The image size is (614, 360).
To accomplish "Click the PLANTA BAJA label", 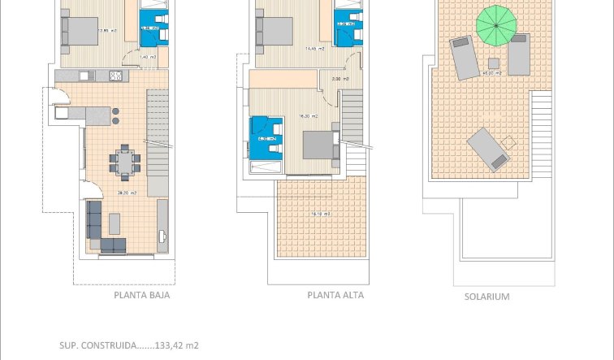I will tap(142, 296).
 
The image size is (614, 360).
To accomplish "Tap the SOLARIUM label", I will tap(486, 297).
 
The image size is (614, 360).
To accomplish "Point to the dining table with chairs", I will tap(125, 161).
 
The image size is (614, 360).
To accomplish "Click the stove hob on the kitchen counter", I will tap(115, 76).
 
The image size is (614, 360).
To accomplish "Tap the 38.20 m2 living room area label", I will tap(127, 193).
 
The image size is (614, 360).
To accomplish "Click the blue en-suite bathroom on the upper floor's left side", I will tap(268, 137).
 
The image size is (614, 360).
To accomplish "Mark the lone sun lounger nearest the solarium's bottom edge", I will tap(490, 149).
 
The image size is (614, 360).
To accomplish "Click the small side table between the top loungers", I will tap(493, 63).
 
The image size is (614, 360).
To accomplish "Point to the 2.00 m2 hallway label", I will tap(341, 79).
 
